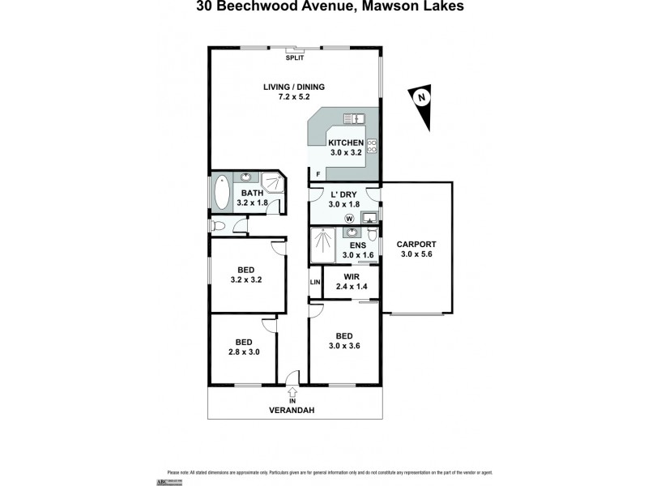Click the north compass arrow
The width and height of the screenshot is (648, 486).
pyautogui.click(x=421, y=104)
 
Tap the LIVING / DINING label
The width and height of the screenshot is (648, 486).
pyautogui.click(x=293, y=87)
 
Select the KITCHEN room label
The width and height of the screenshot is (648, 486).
pyautogui.click(x=345, y=143)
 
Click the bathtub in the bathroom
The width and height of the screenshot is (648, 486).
pyautogui.click(x=221, y=192)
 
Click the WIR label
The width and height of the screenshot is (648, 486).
pyautogui.click(x=351, y=276)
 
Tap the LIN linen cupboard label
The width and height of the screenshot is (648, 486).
pyautogui.click(x=315, y=282)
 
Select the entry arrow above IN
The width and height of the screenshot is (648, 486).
pyautogui.click(x=292, y=393)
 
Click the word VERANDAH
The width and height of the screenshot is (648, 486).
pyautogui.click(x=292, y=411)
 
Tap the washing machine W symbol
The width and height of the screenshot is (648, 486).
pyautogui.click(x=349, y=218)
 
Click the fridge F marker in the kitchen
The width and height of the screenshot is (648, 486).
pyautogui.click(x=318, y=174)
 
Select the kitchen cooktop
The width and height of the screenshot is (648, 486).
pyautogui.click(x=372, y=147)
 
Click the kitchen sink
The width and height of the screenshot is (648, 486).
pyautogui.click(x=355, y=119)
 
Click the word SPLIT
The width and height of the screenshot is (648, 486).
pyautogui.click(x=294, y=58)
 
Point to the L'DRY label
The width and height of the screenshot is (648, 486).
pyautogui.click(x=344, y=194)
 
